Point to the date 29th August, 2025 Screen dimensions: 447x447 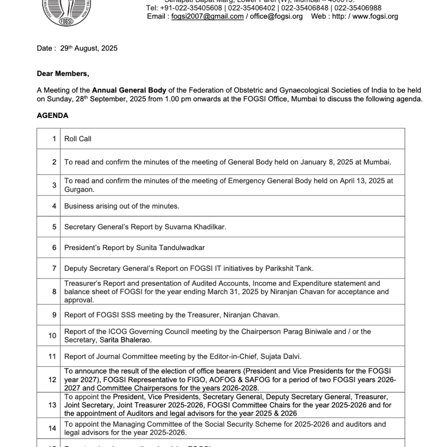click(89, 48)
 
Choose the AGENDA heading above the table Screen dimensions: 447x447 click(53, 116)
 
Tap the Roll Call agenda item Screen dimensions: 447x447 click(78, 139)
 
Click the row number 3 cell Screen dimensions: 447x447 click(54, 185)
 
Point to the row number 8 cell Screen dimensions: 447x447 click(54, 292)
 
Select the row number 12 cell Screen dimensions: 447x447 click(52, 380)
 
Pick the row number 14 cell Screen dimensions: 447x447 click(52, 429)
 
